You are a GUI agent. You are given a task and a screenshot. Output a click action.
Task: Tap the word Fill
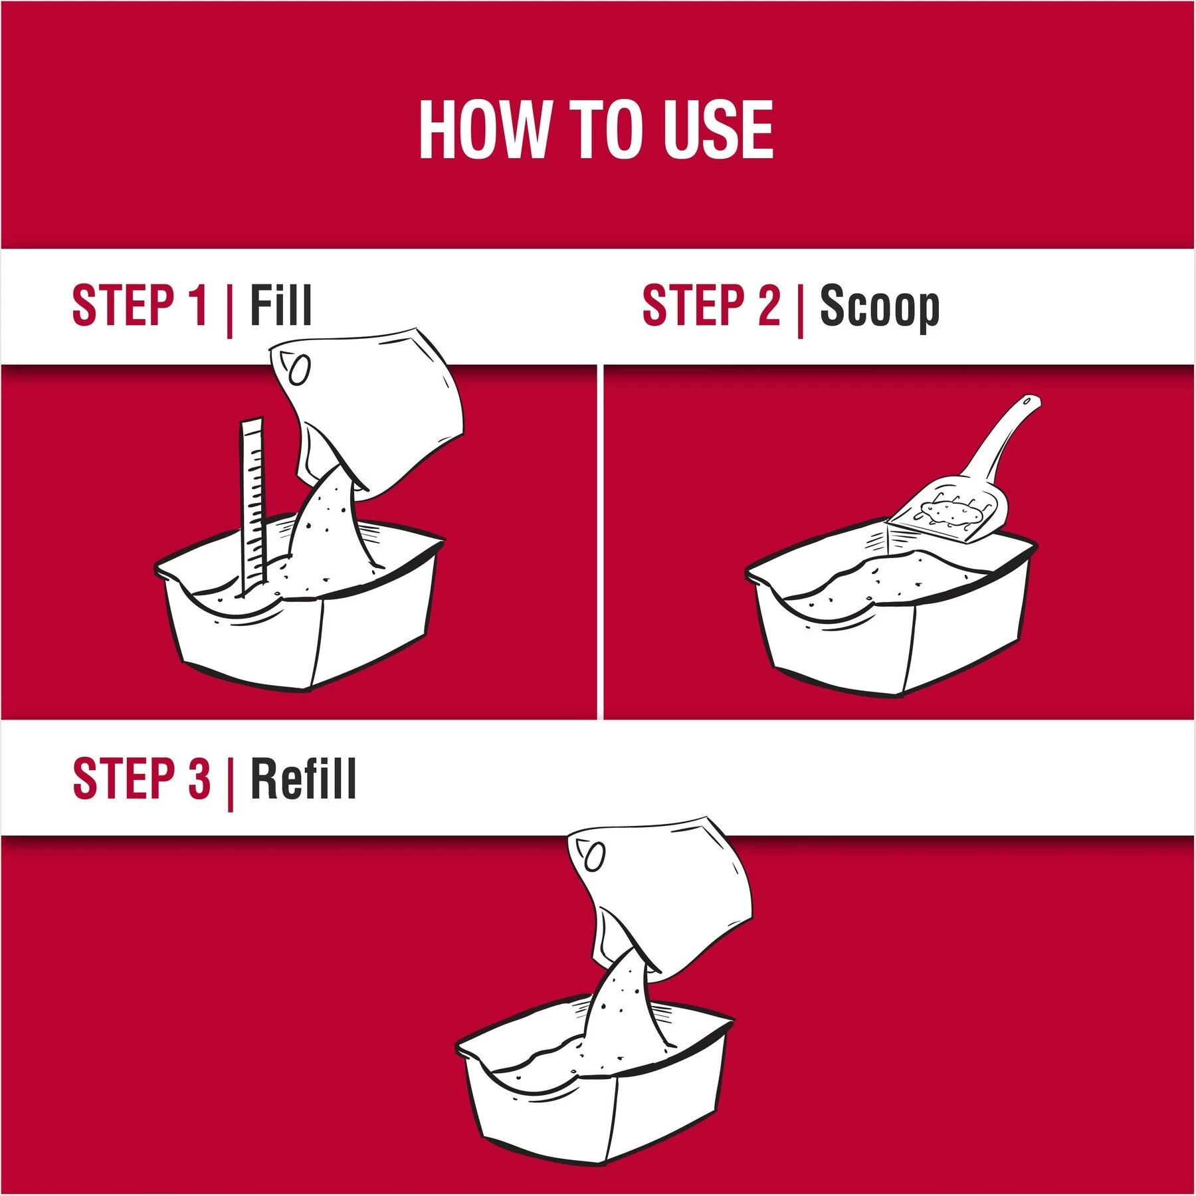click(280, 306)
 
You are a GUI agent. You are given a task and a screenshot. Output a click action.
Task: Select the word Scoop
click(880, 308)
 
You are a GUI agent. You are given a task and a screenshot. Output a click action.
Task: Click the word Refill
click(304, 779)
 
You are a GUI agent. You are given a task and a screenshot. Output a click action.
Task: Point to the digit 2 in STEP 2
click(769, 306)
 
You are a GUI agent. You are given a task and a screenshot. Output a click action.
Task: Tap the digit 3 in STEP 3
click(199, 779)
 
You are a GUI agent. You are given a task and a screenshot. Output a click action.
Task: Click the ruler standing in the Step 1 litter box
click(252, 505)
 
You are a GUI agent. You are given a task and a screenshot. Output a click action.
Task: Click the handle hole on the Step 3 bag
click(595, 857)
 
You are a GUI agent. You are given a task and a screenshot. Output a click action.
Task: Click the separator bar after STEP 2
click(801, 309)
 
